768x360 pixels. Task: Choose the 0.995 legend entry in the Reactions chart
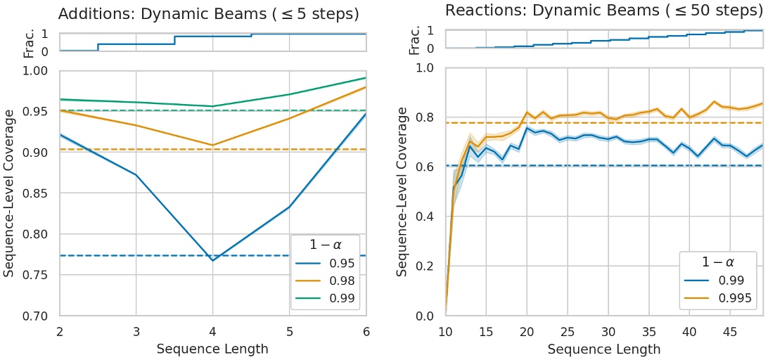[x=735, y=298]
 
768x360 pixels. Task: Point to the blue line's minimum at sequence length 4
[x=213, y=260]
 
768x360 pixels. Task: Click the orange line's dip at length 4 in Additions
[x=213, y=145]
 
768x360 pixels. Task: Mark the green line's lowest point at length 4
[x=213, y=106]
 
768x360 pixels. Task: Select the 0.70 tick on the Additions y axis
[x=39, y=316]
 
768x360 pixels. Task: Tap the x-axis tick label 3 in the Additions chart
[x=136, y=331]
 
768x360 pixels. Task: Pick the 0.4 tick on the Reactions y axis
[x=426, y=217]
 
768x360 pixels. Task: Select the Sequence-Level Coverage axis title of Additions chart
[x=10, y=193]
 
